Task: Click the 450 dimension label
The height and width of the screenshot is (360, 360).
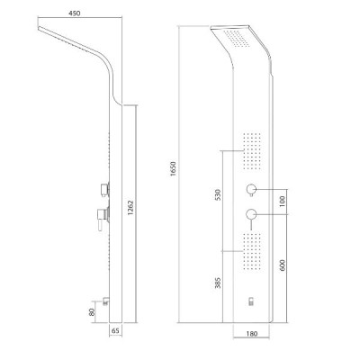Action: pyautogui.click(x=75, y=13)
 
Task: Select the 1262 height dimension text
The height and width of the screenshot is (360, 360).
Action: pyautogui.click(x=130, y=208)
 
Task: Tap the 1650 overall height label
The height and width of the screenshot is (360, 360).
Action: pyautogui.click(x=174, y=168)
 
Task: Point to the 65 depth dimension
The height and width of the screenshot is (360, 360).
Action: pyautogui.click(x=115, y=331)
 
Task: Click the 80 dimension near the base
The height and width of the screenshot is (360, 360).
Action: pyautogui.click(x=93, y=312)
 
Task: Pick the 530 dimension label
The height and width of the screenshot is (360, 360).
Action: pyautogui.click(x=218, y=195)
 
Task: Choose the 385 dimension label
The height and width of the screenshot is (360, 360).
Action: pyautogui.click(x=218, y=283)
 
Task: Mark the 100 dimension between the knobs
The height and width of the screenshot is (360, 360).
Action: pyautogui.click(x=282, y=202)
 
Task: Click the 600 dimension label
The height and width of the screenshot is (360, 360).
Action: pyautogui.click(x=282, y=265)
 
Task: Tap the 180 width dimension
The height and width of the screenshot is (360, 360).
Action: pyautogui.click(x=251, y=334)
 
